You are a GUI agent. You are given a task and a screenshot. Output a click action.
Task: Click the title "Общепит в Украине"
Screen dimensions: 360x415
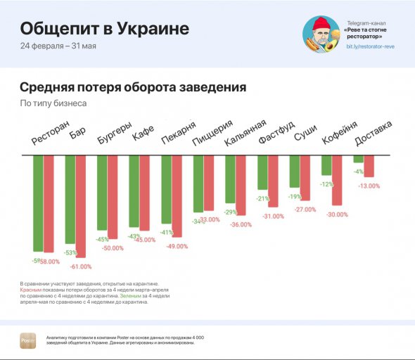click(104, 29)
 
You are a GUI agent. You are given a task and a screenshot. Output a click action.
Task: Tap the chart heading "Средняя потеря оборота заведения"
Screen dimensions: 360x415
click(132, 88)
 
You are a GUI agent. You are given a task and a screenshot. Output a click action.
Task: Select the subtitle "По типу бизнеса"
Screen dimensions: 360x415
click(53, 103)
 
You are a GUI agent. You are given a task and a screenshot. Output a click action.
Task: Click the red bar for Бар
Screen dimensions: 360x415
click(80, 206)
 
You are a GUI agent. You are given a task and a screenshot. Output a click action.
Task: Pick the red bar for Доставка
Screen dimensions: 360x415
click(369, 166)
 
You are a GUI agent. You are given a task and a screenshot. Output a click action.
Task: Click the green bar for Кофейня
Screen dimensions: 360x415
click(326, 165)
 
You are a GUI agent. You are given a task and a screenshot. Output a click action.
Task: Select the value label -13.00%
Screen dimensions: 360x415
click(369, 186)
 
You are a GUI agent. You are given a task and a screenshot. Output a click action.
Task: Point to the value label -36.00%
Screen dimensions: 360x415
click(241, 224)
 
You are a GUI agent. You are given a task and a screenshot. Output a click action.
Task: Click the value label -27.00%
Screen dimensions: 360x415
click(305, 210)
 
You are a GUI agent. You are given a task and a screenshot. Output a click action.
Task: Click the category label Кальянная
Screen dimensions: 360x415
click(244, 133)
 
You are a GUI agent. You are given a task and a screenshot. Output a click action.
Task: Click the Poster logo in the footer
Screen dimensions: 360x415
click(28, 340)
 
